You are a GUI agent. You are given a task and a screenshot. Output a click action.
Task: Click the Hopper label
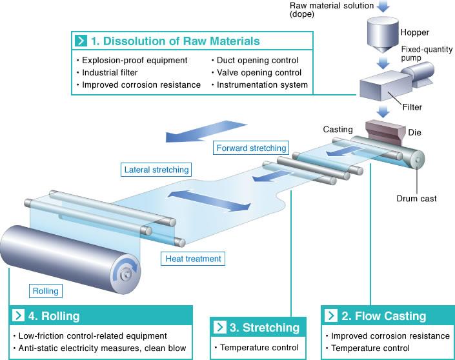[x=415, y=32]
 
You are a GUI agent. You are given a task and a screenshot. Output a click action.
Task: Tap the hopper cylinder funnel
[x=383, y=35]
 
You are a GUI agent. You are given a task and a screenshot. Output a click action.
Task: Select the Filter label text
[x=412, y=107]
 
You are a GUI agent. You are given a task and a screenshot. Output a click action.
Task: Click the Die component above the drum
[x=385, y=130]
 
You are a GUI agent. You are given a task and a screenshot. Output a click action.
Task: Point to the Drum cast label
[x=416, y=199]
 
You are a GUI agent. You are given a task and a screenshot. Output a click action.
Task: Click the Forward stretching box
[x=251, y=148]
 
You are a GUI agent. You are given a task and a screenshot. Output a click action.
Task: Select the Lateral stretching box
[x=156, y=170]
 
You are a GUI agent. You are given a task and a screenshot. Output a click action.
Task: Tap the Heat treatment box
[x=193, y=259]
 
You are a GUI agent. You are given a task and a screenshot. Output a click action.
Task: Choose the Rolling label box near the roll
[x=46, y=291]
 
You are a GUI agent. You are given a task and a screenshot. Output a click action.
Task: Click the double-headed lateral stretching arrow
[x=209, y=201]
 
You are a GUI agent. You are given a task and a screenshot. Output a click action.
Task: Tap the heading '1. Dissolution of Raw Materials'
[x=176, y=41]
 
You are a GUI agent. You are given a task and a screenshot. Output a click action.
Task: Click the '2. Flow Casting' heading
[x=383, y=315]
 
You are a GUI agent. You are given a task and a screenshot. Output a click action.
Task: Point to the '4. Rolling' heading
[x=54, y=316]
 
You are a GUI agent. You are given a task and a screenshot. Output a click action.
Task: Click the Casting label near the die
[x=338, y=130]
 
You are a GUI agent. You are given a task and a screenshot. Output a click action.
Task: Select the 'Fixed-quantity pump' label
[x=427, y=54]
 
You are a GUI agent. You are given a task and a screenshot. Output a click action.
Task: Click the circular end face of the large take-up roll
[x=126, y=274]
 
